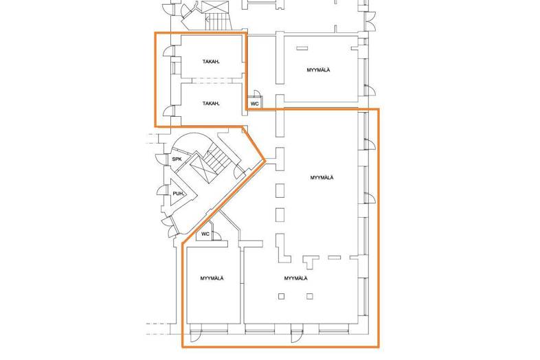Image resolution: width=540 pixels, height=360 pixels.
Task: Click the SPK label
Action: (x=177, y=159)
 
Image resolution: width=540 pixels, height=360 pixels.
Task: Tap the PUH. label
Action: (x=179, y=194)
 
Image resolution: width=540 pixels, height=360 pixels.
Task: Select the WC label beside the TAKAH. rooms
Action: (x=254, y=103)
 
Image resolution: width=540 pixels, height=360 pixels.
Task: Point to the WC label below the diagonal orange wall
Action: (x=205, y=234)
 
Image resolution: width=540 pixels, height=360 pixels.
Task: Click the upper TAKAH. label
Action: (x=211, y=62)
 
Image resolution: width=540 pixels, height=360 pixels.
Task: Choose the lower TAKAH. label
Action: (x=211, y=103)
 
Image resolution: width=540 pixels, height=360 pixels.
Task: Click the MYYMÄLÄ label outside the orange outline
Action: (x=318, y=70)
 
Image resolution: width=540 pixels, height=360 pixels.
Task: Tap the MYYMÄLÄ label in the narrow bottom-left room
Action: (x=212, y=278)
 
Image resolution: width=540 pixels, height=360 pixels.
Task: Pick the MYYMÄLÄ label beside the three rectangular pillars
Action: (x=322, y=178)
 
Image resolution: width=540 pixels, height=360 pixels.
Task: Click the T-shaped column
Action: (x=311, y=261)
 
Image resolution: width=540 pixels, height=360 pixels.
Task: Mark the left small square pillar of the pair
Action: (x=282, y=296)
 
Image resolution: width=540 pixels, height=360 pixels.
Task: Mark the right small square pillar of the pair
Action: (x=310, y=296)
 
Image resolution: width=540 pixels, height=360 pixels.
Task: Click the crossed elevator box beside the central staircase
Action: (x=203, y=168)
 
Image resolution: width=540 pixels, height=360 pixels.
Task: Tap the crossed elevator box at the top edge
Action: (x=215, y=7)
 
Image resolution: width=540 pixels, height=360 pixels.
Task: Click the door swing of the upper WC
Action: (x=256, y=93)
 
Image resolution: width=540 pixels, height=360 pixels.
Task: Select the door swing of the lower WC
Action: (x=217, y=235)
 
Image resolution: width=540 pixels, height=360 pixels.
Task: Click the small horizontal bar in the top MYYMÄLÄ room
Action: (x=302, y=49)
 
